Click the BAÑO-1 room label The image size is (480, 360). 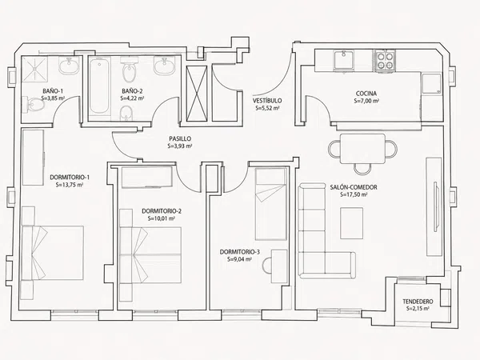pos(53,91)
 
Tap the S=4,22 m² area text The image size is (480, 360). pos(132,98)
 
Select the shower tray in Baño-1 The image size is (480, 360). pos(34,70)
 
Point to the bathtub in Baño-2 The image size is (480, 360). pos(99,86)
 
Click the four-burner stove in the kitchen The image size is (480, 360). pos(385,61)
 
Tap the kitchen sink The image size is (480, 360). pos(344,60)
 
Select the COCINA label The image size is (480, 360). pos(366,94)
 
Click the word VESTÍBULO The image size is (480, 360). pos(267,101)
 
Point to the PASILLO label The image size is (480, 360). pos(180,138)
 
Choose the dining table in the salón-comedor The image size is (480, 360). pos(362,149)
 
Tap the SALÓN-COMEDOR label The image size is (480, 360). pos(354,187)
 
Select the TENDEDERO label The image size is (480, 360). pos(418,302)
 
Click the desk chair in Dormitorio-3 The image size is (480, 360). pos(266,265)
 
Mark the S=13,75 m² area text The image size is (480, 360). pos(70,185)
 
